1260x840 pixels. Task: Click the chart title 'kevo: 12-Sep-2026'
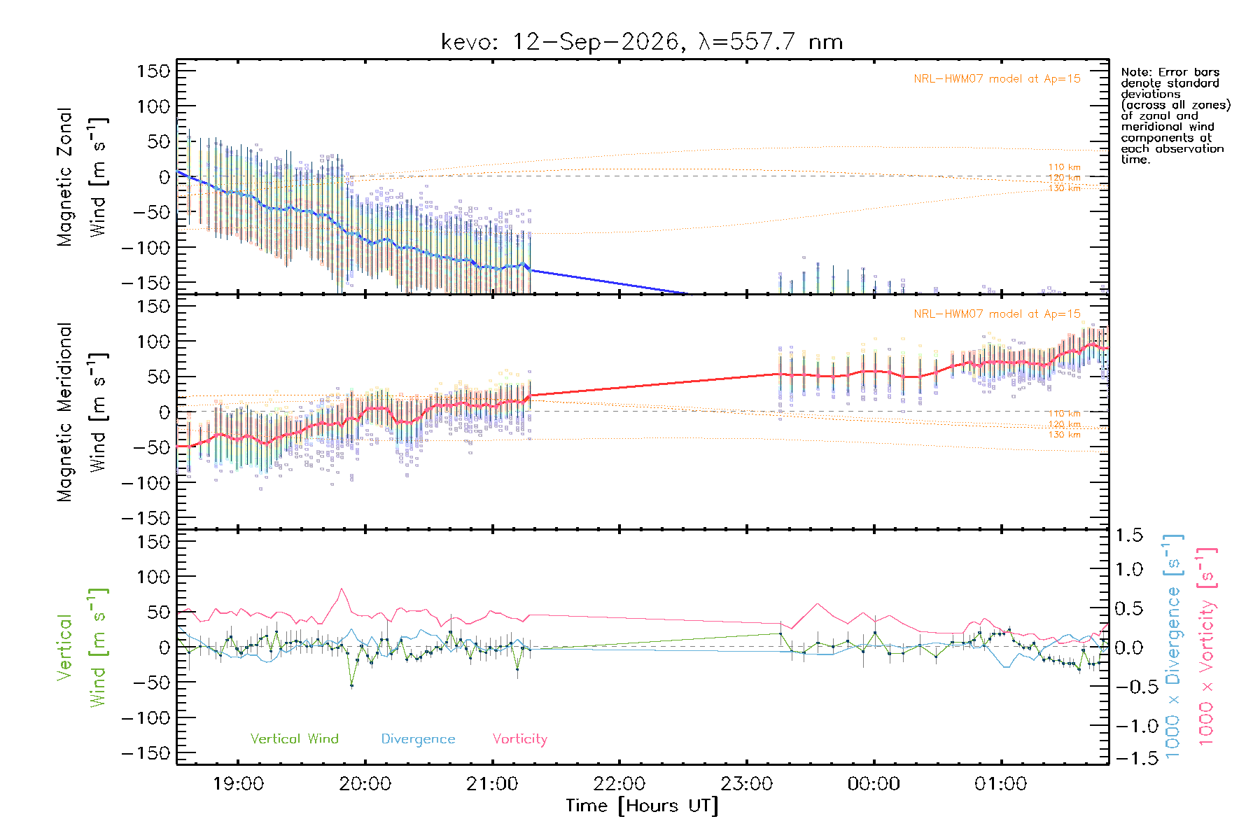click(560, 42)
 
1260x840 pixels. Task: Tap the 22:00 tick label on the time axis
click(619, 784)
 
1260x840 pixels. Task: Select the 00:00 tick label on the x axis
click(874, 784)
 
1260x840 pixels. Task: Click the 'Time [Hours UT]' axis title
click(643, 806)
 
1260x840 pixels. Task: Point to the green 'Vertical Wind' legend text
click(295, 738)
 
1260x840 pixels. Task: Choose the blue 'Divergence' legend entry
click(418, 739)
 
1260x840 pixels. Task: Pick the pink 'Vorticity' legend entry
click(520, 739)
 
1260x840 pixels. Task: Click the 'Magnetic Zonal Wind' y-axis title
click(83, 177)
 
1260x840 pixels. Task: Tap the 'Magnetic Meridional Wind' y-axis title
click(83, 412)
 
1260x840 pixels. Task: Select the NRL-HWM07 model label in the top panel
click(997, 79)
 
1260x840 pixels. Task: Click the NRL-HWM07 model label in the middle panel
click(997, 314)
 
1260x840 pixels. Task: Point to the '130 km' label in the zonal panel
click(1064, 188)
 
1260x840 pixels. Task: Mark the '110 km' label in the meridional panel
click(1064, 414)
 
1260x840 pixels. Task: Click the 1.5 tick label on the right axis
click(1128, 535)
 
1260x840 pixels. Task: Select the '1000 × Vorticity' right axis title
click(1206, 646)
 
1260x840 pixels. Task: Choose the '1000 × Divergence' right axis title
click(1173, 646)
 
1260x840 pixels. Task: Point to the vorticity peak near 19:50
click(341, 589)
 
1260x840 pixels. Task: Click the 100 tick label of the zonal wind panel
click(153, 106)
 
